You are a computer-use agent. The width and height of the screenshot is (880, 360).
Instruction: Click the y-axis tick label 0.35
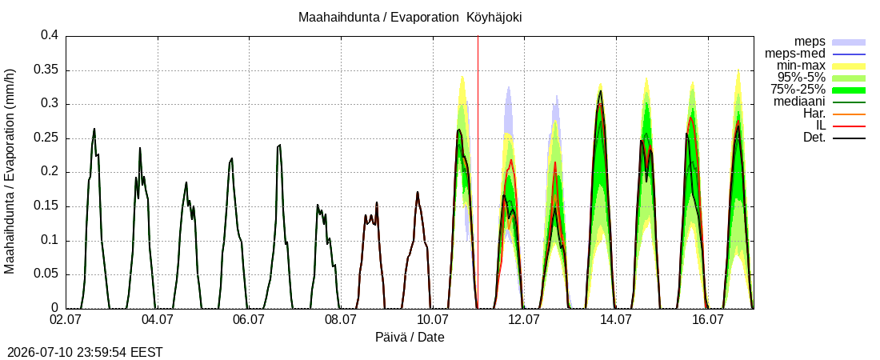[x=50, y=70]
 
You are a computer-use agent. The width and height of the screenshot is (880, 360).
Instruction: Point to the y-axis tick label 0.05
[x=50, y=274]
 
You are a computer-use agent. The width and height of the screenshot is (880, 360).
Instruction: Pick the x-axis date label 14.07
[x=616, y=320]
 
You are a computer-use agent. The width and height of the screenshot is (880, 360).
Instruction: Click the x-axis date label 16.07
[x=707, y=320]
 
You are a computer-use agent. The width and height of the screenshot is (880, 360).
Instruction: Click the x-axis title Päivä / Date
[x=410, y=337]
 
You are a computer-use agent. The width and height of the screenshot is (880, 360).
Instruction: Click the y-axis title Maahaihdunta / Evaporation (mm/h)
[x=10, y=171]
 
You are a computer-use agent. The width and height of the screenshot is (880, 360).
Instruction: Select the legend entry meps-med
[x=794, y=54]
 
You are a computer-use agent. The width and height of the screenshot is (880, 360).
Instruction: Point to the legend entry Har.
[x=815, y=114]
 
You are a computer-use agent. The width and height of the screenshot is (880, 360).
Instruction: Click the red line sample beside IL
[x=849, y=126]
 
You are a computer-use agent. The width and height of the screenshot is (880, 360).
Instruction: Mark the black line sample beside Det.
[x=849, y=138]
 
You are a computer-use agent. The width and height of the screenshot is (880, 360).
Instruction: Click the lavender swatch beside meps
[x=849, y=42]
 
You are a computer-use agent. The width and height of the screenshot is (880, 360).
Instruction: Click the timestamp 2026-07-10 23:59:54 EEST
[x=82, y=353]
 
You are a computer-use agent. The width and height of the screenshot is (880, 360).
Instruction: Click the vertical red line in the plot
[x=478, y=172]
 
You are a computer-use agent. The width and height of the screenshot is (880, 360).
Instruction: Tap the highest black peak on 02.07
[x=94, y=129]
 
